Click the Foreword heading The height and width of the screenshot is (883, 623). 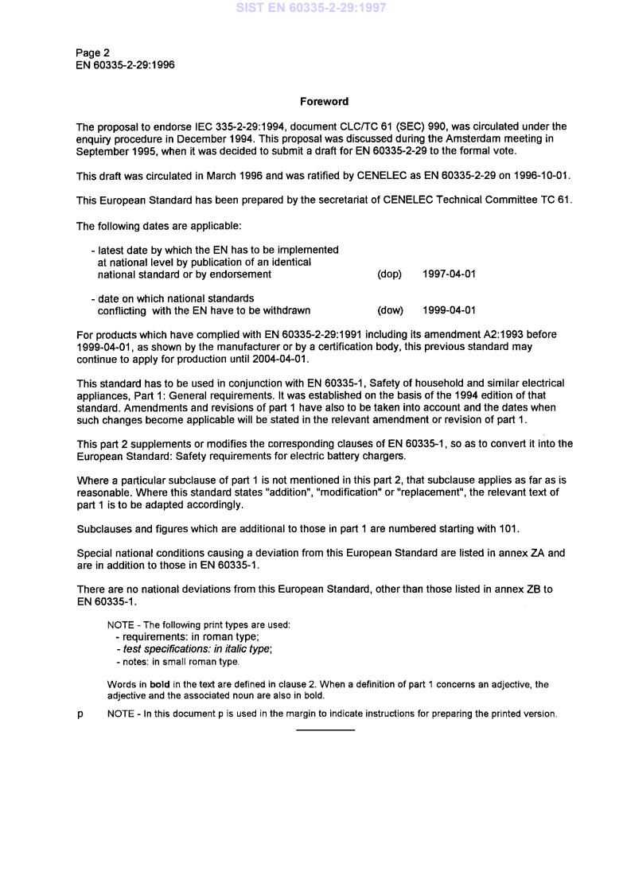[324, 102]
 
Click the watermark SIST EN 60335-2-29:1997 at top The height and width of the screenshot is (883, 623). [311, 8]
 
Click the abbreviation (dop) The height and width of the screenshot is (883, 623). [389, 274]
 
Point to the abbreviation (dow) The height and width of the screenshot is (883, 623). [390, 310]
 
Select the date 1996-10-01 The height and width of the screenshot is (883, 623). [543, 175]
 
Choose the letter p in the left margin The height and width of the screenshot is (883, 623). [80, 714]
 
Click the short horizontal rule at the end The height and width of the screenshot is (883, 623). [325, 729]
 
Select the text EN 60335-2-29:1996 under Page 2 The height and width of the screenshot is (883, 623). [125, 65]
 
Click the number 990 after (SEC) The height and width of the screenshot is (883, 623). [387, 126]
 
